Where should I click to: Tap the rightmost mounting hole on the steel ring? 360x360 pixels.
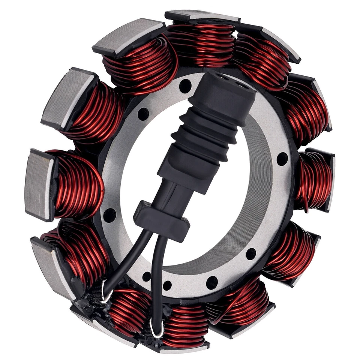coord(282,159)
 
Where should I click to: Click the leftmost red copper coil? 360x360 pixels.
coord(77,184)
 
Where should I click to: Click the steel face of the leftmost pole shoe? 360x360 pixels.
coord(37,184)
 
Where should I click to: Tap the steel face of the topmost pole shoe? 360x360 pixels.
coord(202,15)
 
